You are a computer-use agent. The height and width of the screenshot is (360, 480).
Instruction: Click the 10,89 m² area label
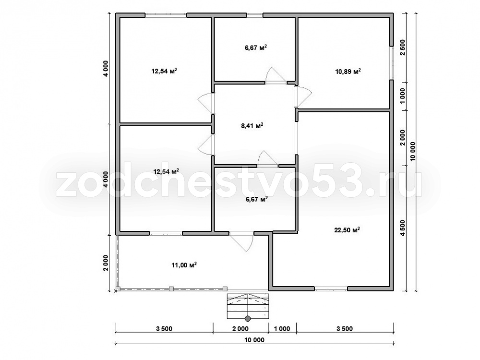348,72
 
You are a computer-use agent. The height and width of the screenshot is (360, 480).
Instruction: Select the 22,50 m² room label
347,230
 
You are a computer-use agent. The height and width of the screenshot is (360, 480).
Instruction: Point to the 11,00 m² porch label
184,265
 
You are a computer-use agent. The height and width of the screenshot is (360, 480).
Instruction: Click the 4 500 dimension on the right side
403,228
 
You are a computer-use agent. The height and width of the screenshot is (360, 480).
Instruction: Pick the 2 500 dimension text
403,47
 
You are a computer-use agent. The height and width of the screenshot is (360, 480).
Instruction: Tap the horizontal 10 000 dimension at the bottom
255,340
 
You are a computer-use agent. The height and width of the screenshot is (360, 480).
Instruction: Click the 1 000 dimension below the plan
282,329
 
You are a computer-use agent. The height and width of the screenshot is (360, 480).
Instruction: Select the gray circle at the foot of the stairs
248,319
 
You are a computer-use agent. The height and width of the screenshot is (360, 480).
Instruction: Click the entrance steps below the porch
248,306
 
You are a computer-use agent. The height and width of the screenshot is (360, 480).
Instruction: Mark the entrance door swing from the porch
242,241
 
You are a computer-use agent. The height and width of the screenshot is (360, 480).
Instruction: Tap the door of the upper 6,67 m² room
275,75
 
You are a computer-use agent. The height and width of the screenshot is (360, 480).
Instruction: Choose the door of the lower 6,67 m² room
268,159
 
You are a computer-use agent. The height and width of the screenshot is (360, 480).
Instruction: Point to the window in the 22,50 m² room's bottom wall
331,288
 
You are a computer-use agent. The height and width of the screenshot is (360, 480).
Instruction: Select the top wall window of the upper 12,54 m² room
166,14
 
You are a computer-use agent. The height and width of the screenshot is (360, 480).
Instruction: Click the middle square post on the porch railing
171,288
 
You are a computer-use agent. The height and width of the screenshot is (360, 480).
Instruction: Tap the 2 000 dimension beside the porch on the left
106,263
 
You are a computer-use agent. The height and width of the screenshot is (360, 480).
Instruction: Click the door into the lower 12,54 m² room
205,144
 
